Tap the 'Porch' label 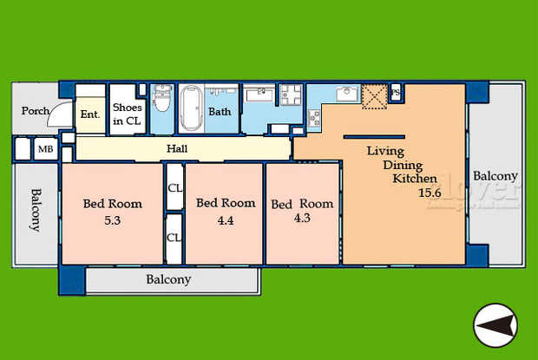click(35, 111)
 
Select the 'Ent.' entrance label click(89, 114)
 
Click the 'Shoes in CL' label click(127, 114)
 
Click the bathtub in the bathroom click(193, 108)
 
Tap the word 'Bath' click(220, 112)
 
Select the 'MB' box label click(43, 149)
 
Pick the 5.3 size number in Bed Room click(112, 219)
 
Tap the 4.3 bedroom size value click(300, 219)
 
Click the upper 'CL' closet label click(174, 187)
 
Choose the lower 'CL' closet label click(174, 237)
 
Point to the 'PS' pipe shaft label click(395, 92)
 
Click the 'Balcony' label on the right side click(495, 176)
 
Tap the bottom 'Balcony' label click(167, 280)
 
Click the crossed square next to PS click(375, 95)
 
